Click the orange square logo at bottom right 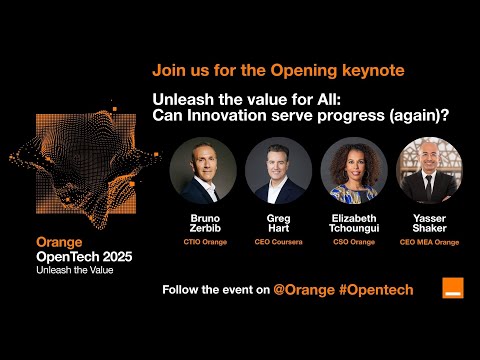click(x=453, y=288)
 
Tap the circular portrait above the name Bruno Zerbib click(x=203, y=171)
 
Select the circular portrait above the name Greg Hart click(x=278, y=171)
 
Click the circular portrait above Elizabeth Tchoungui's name click(x=354, y=171)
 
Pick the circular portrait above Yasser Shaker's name click(x=430, y=171)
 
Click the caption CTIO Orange click(x=203, y=241)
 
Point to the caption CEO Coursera click(x=278, y=241)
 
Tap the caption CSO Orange click(x=354, y=241)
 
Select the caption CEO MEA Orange click(x=430, y=241)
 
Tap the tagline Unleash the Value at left click(x=75, y=270)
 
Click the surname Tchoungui click(x=354, y=228)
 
